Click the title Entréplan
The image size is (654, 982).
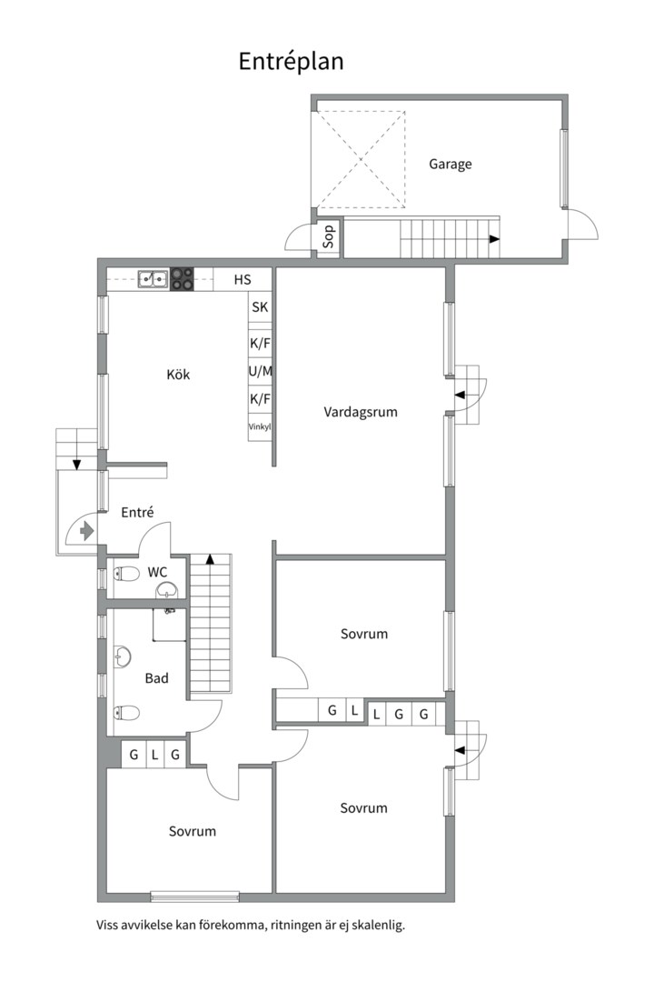[x=291, y=62]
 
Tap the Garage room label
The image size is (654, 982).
[x=450, y=164]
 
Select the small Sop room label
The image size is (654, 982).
[x=329, y=236]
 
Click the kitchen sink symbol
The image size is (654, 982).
[x=154, y=279]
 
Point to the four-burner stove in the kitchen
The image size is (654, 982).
[x=182, y=279]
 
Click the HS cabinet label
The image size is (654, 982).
[x=243, y=279]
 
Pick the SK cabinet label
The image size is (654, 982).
[x=260, y=307]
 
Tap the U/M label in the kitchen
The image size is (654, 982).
[x=261, y=371]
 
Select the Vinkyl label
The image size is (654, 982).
[x=260, y=427]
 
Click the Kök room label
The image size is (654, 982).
[x=178, y=375]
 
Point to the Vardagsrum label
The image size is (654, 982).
[x=361, y=412]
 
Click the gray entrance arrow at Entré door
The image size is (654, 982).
[x=86, y=532]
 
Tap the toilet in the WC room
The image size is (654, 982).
[x=126, y=573]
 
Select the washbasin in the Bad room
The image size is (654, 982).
[x=123, y=657]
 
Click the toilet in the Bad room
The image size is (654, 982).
[x=126, y=713]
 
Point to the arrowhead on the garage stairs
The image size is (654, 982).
[x=494, y=238]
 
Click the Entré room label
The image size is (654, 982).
[x=137, y=512]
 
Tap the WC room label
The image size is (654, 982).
[x=158, y=572]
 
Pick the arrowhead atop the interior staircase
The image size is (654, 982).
[x=211, y=558]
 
